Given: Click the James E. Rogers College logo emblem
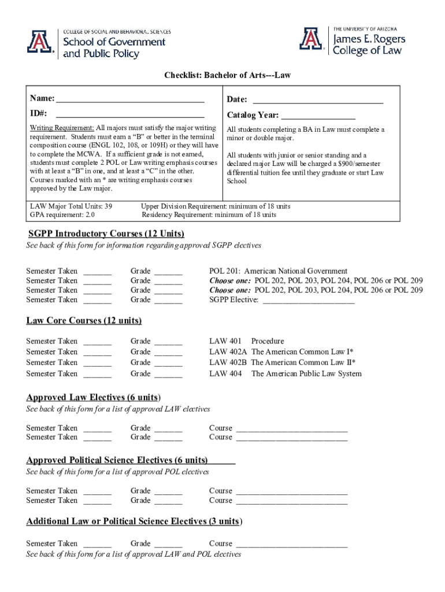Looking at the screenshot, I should click(311, 39).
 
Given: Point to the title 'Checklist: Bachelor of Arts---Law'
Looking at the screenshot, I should click(223, 75).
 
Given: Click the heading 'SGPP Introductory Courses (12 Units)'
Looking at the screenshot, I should click(106, 234).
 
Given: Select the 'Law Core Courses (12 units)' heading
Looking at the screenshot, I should click(84, 320).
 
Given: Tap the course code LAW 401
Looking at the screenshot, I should click(225, 341).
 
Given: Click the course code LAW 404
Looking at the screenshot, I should click(225, 373).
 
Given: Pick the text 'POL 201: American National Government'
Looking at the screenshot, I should click(278, 271).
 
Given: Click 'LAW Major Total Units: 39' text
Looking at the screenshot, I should click(71, 206).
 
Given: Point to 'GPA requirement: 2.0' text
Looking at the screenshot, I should click(62, 215).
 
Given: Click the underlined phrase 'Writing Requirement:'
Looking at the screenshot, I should click(62, 128).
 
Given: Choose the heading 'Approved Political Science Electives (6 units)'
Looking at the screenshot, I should click(117, 460).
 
